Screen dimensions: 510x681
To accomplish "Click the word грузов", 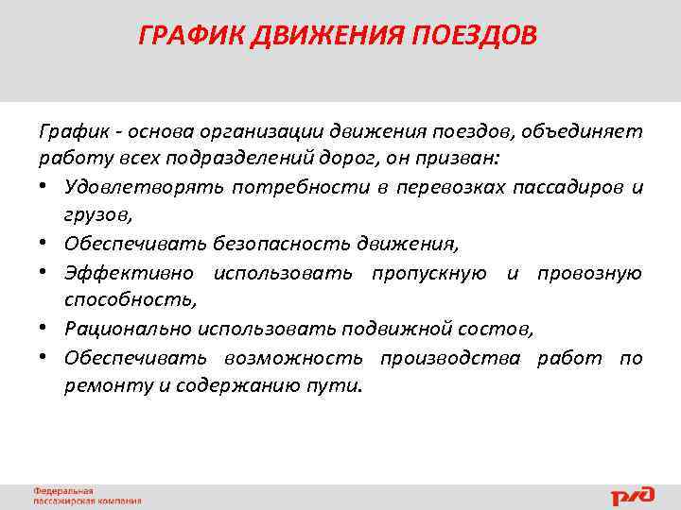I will [96, 215].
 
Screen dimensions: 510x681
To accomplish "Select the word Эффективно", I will [130, 272].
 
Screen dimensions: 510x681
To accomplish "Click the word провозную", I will [589, 272].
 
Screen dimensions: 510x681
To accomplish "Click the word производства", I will [449, 358].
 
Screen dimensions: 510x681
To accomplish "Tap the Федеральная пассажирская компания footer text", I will [87, 497].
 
